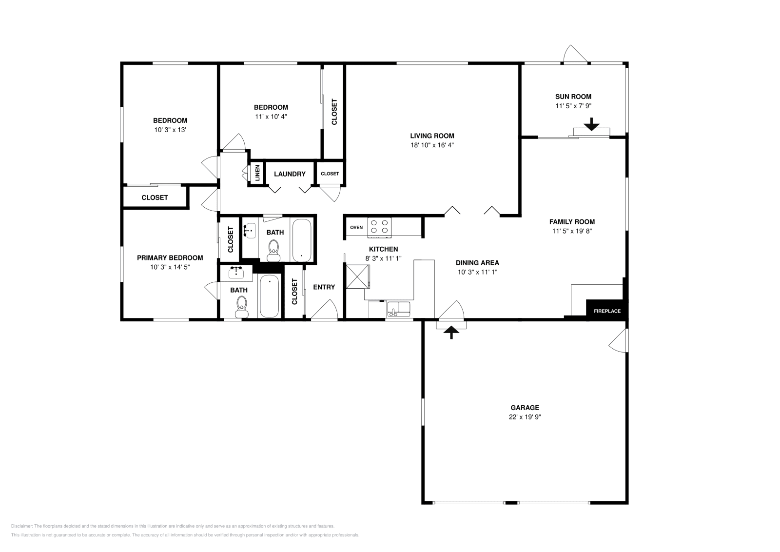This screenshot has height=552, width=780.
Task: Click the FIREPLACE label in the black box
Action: tap(607, 311)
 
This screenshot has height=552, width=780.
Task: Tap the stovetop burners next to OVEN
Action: tap(380, 227)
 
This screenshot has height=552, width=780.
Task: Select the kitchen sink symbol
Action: tap(399, 309)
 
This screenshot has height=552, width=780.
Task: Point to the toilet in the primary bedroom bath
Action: tap(242, 307)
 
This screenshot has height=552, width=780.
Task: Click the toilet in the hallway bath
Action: tap(273, 251)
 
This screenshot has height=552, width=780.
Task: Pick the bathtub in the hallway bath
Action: tap(302, 240)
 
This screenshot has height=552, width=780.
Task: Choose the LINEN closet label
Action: tap(257, 173)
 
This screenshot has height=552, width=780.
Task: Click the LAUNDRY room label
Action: tap(290, 174)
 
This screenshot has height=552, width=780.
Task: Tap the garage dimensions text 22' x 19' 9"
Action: tap(525, 417)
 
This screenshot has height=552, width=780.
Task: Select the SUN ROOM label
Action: tap(573, 97)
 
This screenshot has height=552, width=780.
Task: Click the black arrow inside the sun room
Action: tap(591, 124)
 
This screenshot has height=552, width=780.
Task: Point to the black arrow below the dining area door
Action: tap(451, 332)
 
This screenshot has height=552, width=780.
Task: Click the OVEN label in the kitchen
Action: tap(356, 227)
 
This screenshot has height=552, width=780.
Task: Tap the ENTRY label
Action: tap(324, 287)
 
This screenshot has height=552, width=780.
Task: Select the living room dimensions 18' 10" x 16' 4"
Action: tap(432, 145)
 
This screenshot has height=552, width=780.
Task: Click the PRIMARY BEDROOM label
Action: tap(170, 258)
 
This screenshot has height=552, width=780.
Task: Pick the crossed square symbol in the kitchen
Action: tap(358, 276)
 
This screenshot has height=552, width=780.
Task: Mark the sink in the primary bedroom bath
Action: tap(236, 273)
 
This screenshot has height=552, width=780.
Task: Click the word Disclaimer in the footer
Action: tap(21, 526)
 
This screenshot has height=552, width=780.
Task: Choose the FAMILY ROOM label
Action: tap(572, 222)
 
